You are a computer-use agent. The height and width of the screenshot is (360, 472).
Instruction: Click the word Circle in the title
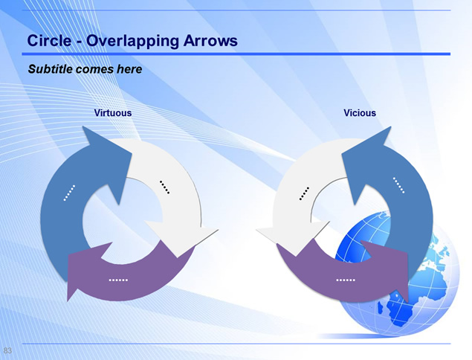pos(49,40)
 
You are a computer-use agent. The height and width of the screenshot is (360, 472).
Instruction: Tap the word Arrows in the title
pos(210,40)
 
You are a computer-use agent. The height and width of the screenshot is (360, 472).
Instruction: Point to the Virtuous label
pos(113,112)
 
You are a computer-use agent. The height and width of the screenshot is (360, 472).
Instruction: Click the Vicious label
pos(360,112)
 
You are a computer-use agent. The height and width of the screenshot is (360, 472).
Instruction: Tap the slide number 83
pos(7,350)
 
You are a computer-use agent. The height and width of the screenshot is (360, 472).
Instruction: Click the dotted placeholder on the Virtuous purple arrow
pos(118,280)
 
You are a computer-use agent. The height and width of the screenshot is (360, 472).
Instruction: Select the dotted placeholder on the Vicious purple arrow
pos(346,280)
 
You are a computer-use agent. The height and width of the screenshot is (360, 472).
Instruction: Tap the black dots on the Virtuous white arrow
pos(164,187)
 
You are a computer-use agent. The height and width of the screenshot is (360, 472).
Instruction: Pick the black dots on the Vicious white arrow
pos(304,193)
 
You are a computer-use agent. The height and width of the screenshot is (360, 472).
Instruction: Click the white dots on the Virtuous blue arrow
pos(69,193)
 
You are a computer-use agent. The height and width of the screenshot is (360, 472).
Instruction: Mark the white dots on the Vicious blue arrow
pos(398,185)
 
